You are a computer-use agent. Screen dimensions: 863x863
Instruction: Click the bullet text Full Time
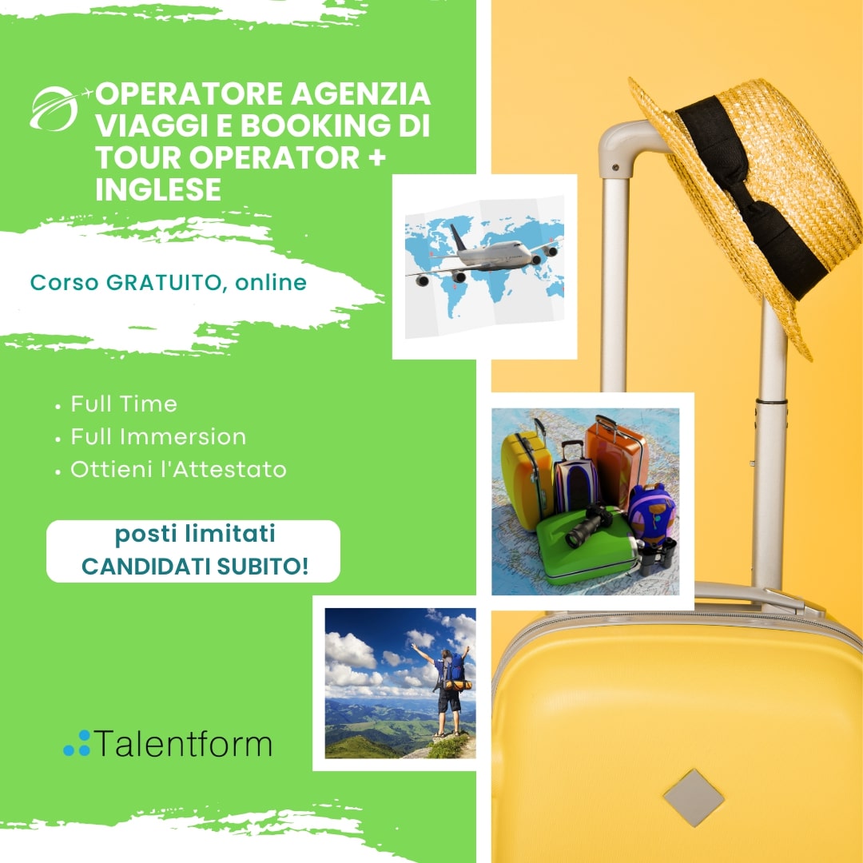(124, 404)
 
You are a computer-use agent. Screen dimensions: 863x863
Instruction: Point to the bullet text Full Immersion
(158, 437)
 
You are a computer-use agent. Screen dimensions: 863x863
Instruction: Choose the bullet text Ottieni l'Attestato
(178, 470)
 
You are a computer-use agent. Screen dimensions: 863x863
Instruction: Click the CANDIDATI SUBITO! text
(195, 566)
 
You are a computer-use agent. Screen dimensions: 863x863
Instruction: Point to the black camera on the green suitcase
(591, 526)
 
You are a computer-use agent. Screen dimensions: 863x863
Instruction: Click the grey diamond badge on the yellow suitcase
(694, 797)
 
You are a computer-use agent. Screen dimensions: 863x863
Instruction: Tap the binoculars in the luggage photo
(657, 556)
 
